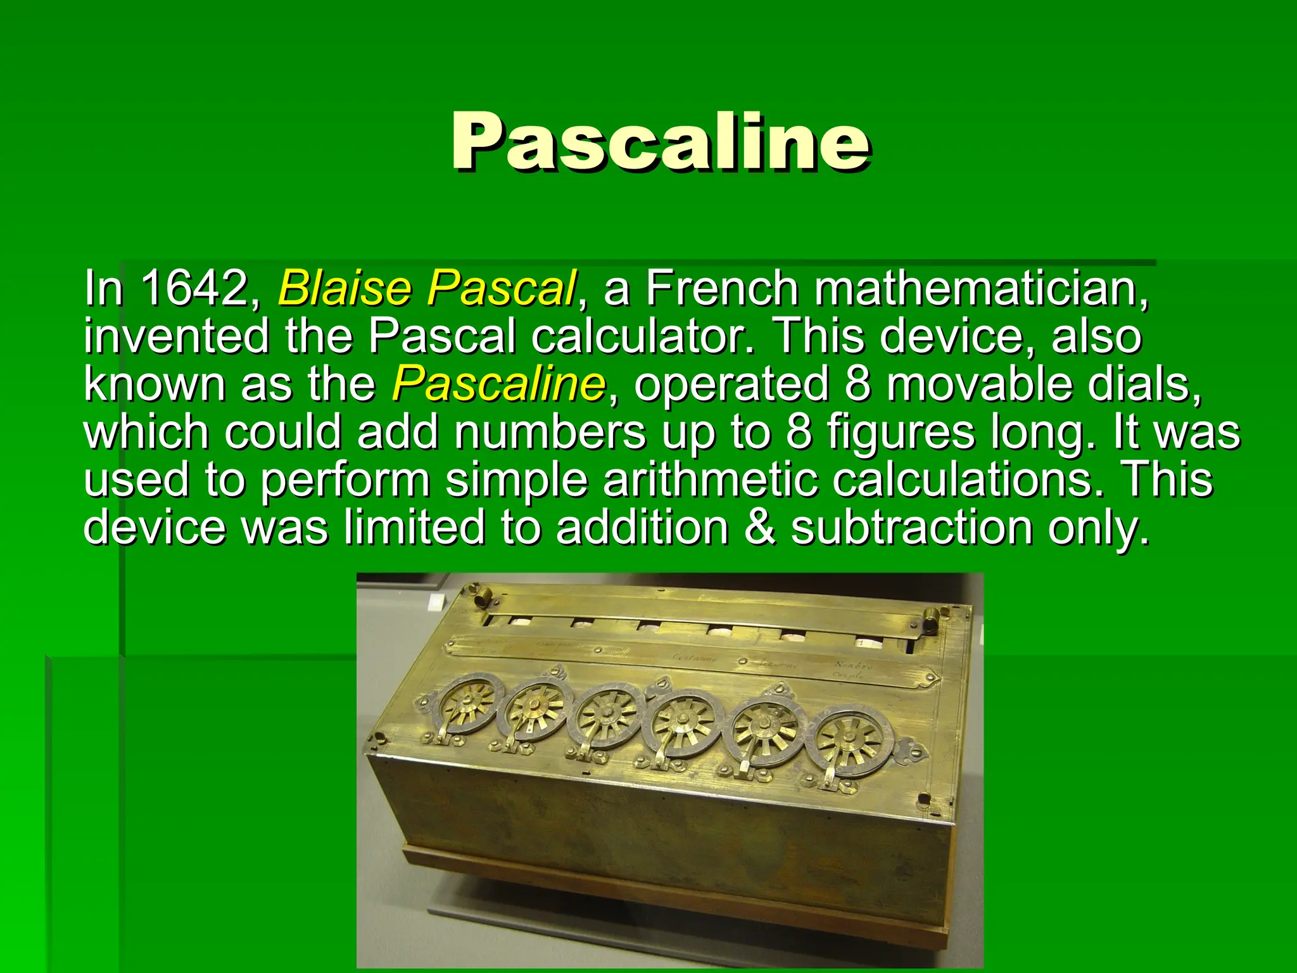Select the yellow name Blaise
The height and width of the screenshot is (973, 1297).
[x=345, y=288]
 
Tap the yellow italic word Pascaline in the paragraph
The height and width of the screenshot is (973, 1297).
[x=498, y=384]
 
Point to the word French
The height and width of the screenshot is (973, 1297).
[x=722, y=288]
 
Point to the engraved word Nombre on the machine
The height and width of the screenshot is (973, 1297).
[x=853, y=666]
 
